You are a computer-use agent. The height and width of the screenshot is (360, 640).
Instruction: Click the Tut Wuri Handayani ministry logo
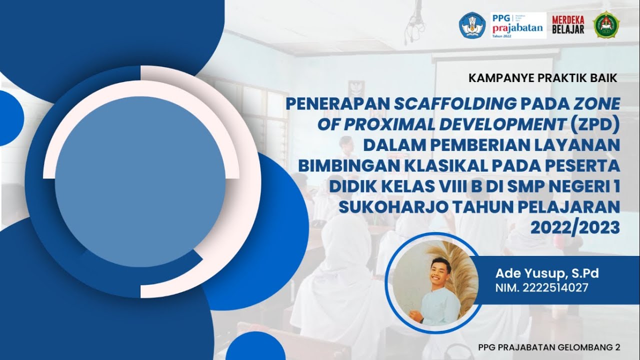point(472,24)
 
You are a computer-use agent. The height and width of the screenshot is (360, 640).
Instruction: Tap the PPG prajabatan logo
point(518,25)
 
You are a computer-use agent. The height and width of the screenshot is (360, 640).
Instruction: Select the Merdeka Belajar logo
point(568,24)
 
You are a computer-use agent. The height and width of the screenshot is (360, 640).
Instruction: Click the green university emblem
point(606,24)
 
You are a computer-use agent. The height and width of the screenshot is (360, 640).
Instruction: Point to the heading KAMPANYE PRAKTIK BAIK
point(543,78)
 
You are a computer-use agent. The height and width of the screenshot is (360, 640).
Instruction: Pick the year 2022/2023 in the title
point(575,227)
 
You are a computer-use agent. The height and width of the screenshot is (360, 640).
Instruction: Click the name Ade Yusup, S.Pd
point(546,273)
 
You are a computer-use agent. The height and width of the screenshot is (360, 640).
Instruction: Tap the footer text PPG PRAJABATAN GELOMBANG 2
point(549,347)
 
